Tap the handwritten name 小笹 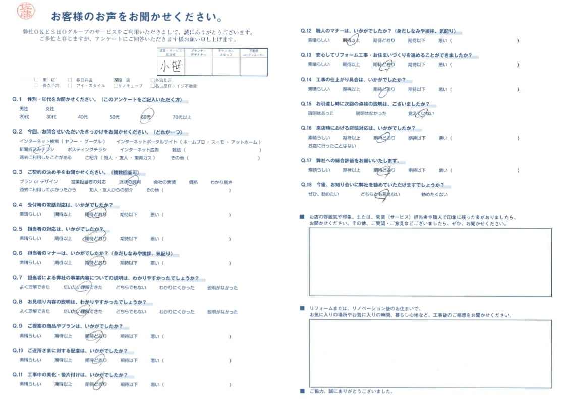(171, 65)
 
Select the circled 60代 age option (146, 117)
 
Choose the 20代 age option (24, 117)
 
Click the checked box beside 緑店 (117, 80)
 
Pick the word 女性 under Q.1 (50, 109)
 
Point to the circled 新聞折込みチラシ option (37, 150)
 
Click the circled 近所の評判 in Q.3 (130, 182)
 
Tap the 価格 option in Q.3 (193, 182)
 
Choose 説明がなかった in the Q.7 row (222, 288)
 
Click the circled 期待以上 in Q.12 (351, 41)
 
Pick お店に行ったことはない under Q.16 (331, 146)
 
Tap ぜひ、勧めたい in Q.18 (323, 194)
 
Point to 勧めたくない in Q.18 (434, 194)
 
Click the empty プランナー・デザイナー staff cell (199, 65)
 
